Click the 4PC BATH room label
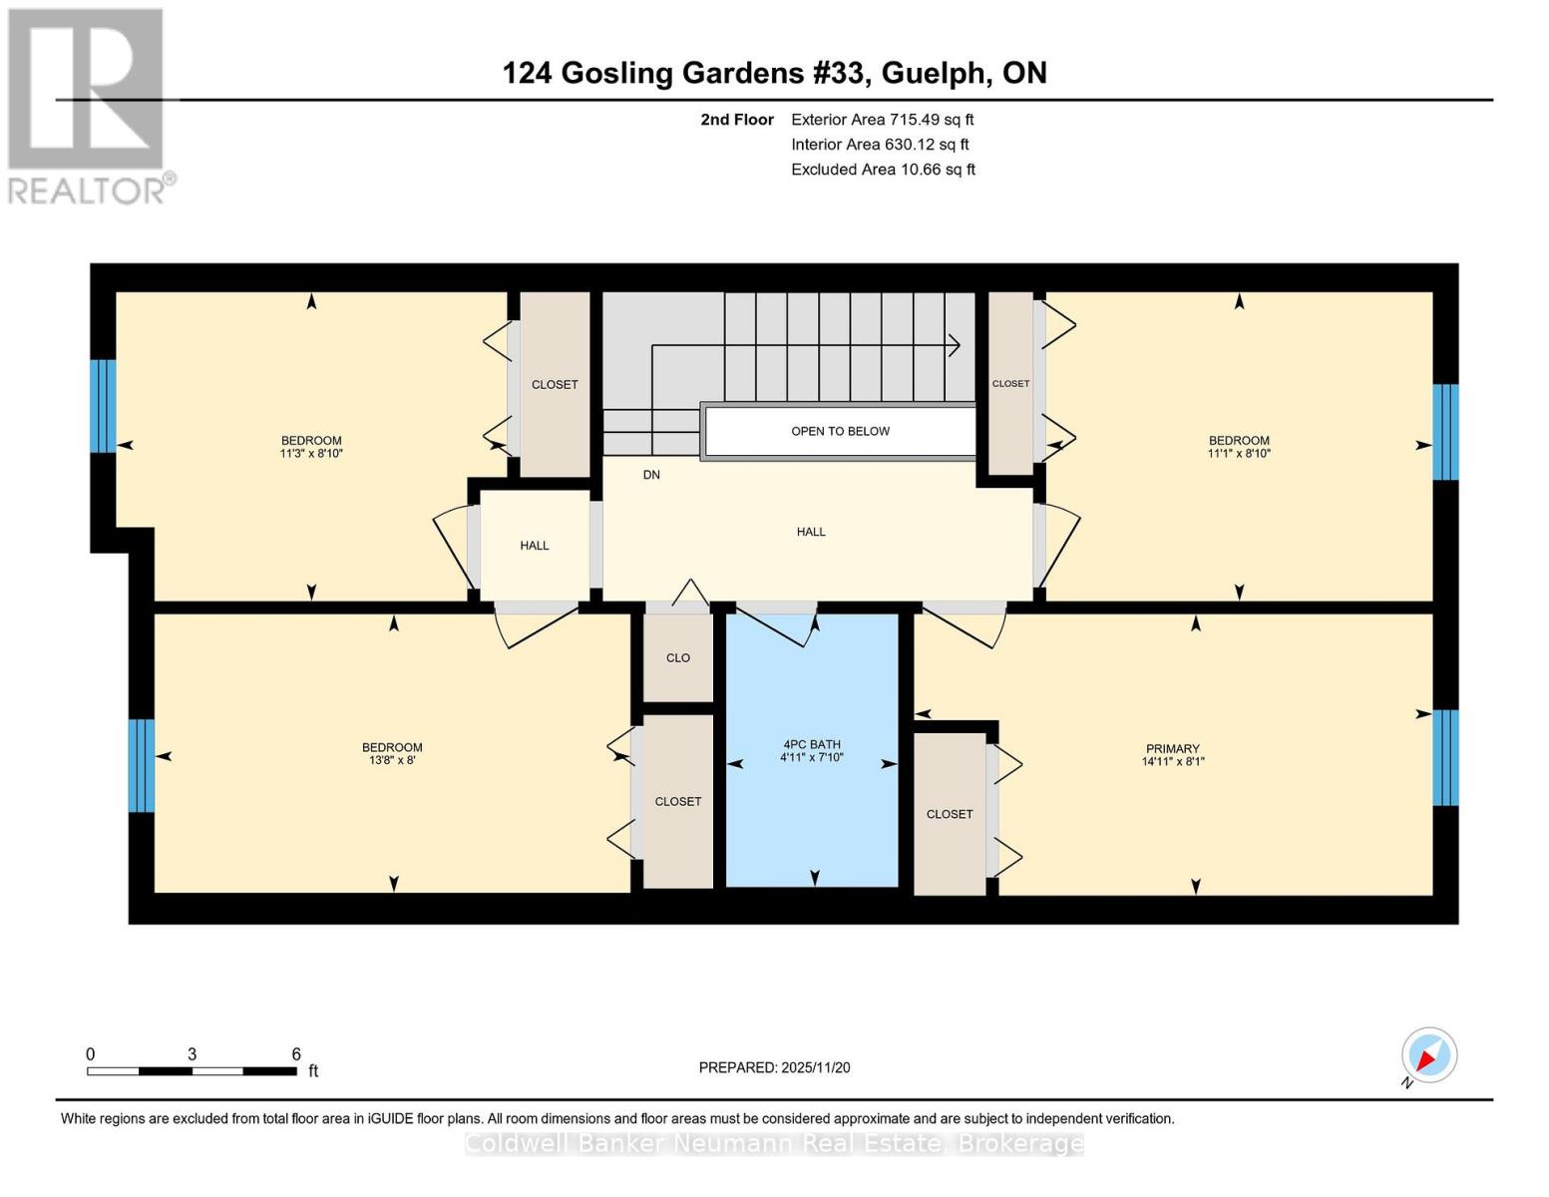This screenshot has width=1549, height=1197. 811,744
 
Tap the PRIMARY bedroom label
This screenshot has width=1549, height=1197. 1172,748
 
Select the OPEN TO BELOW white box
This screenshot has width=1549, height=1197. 840,431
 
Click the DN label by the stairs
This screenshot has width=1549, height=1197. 651,475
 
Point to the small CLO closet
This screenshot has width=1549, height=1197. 678,657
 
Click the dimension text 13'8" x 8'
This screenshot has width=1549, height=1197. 392,760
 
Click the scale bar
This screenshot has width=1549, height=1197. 192,1071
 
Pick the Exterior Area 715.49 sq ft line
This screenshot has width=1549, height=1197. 882,120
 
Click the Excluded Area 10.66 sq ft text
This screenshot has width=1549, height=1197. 883,170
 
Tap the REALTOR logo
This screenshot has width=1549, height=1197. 87,106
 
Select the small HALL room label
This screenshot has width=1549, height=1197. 535,546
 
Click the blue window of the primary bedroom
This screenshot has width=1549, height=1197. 1445,757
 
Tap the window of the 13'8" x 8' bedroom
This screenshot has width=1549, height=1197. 142,765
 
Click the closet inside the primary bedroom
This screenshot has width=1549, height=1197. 950,814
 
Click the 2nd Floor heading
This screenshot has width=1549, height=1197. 737,120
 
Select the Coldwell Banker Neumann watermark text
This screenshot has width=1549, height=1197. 774,1143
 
